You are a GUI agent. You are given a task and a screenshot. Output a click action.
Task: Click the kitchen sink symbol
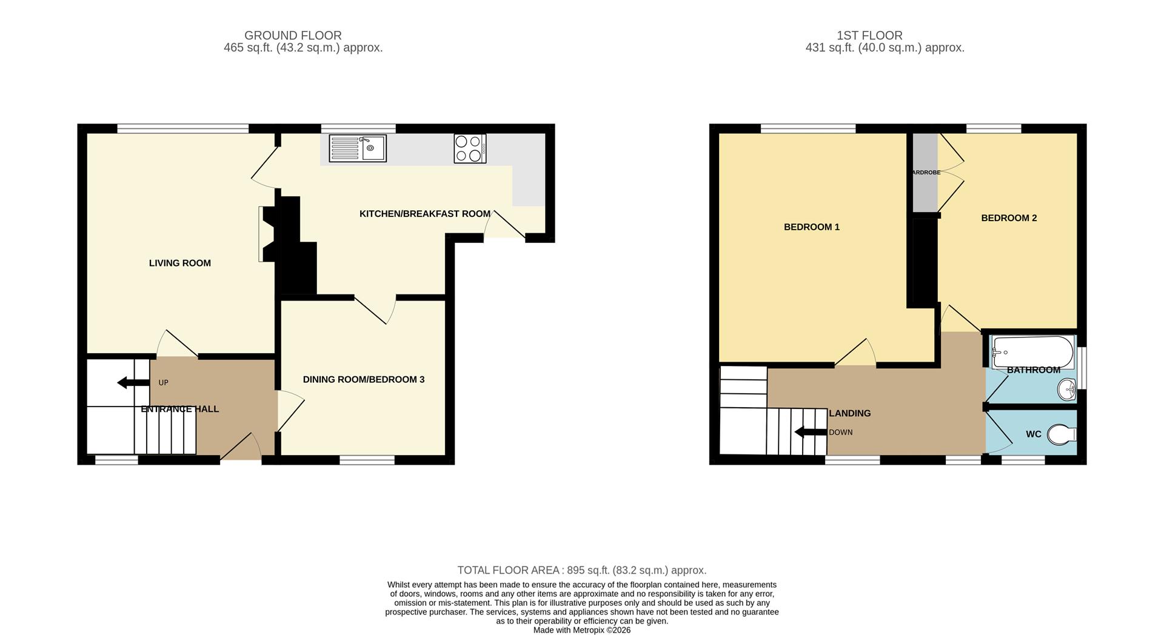tap(358, 148)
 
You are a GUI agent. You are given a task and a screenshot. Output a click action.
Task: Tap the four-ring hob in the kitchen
tap(469, 148)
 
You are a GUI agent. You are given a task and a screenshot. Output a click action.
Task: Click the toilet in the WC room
tap(1062, 434)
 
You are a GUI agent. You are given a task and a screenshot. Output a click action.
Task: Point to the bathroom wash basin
tap(1067, 389)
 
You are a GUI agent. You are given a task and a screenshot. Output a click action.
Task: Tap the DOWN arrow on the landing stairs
tap(811, 432)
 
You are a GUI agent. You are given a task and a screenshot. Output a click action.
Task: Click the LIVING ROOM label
tap(180, 263)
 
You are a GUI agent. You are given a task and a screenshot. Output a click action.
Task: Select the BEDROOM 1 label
tap(811, 227)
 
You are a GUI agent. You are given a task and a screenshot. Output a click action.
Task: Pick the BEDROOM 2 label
tap(1009, 218)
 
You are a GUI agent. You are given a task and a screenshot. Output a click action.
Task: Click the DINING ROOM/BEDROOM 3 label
tap(363, 379)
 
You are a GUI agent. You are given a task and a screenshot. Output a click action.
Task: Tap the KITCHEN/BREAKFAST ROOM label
tap(424, 214)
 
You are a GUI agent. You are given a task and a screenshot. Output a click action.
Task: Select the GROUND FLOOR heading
tap(293, 36)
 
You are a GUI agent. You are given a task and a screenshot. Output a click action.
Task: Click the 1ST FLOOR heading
tap(869, 36)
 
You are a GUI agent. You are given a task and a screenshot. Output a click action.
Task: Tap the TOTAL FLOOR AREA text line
tap(581, 570)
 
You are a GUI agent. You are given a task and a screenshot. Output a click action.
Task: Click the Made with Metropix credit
tap(581, 630)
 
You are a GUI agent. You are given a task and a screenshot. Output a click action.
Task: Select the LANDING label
tap(849, 413)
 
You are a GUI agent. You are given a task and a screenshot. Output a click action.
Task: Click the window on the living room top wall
tap(182, 128)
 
